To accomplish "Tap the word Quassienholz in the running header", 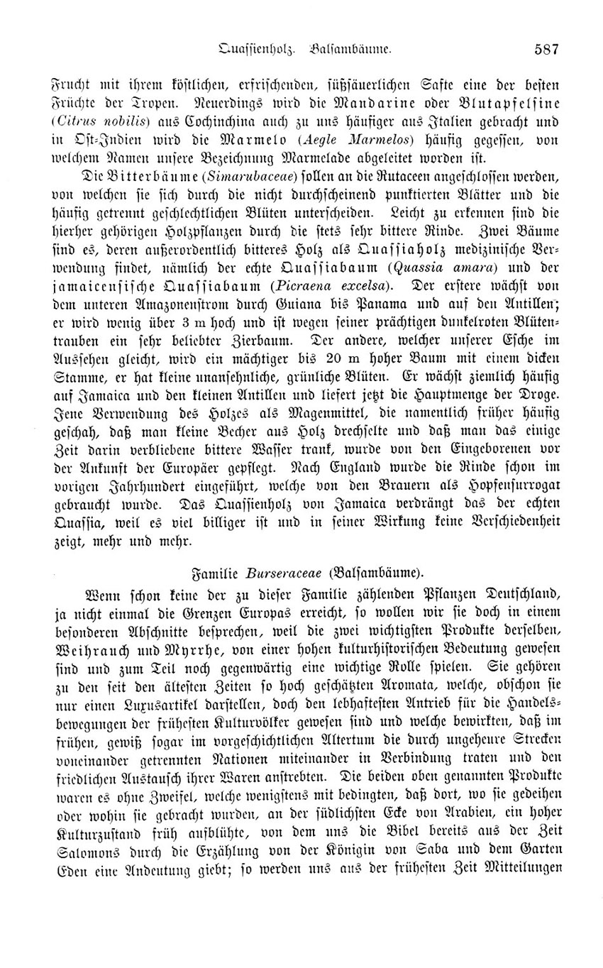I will pyautogui.click(x=257, y=50).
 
